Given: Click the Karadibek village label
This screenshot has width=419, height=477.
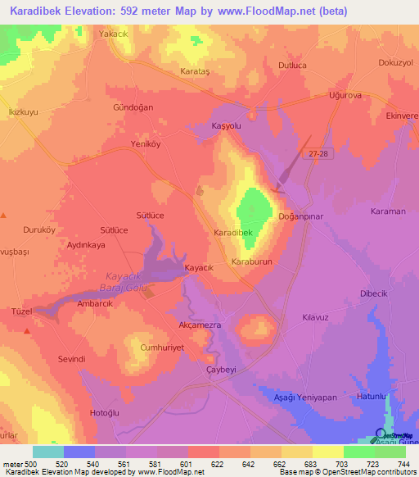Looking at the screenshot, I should pyautogui.click(x=238, y=234).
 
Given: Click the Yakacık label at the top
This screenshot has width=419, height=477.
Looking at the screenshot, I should pyautogui.click(x=114, y=34).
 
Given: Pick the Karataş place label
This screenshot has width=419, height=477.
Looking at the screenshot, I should pyautogui.click(x=195, y=72).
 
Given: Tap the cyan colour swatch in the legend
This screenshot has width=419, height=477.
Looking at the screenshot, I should pyautogui.click(x=48, y=452).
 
